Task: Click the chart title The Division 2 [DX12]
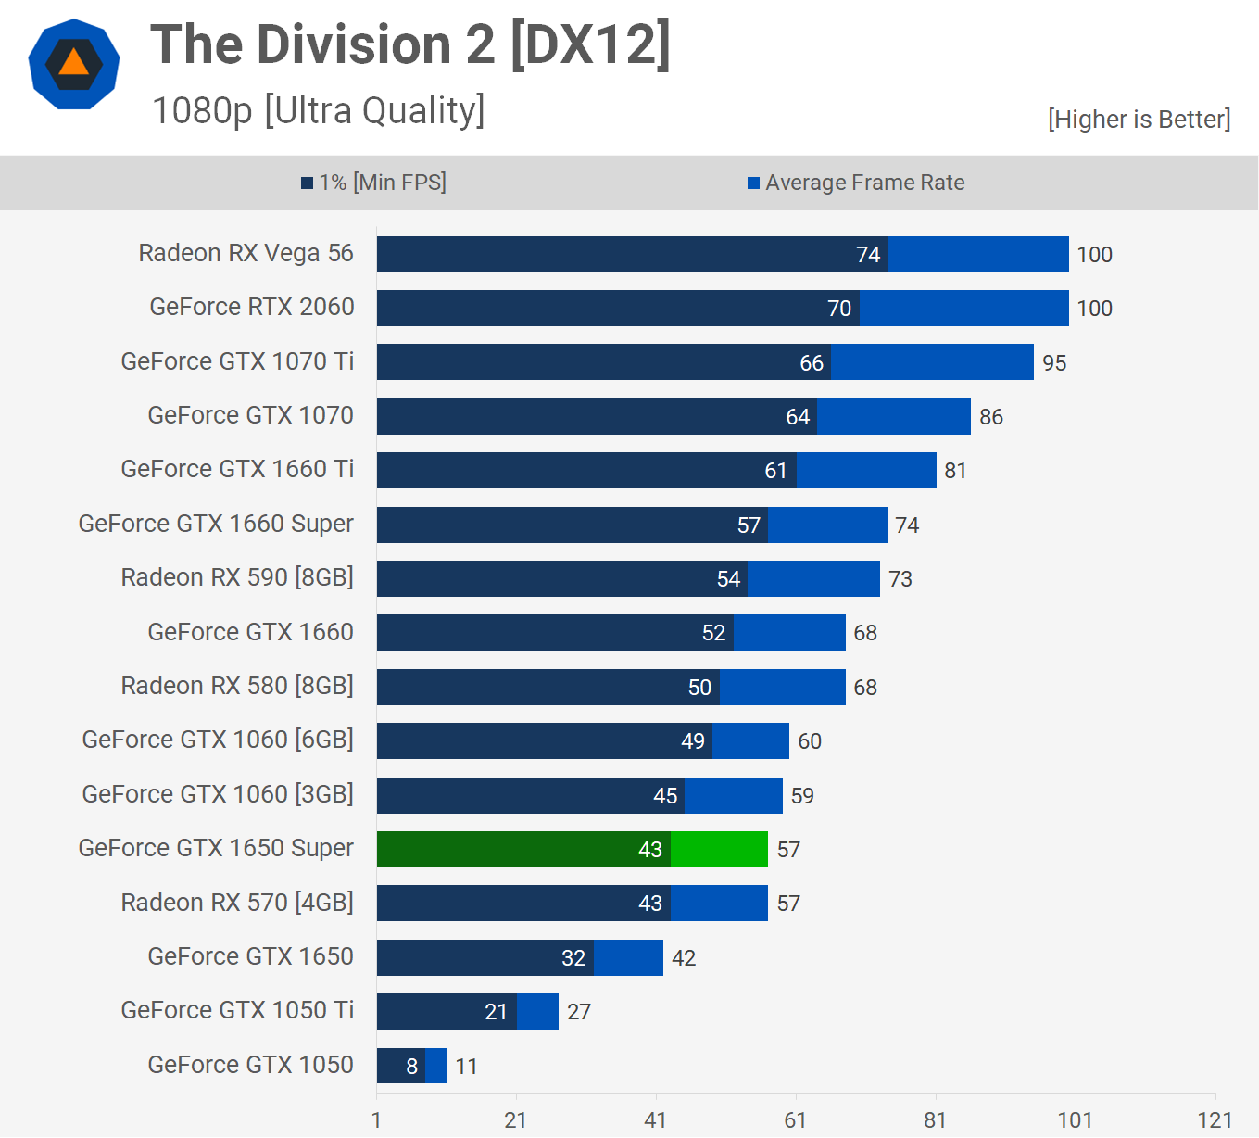coord(410,44)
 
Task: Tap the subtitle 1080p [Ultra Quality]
coord(318,110)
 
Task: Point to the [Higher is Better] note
coord(1139,120)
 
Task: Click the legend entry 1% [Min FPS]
coord(374,183)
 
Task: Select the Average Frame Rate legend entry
coord(856,183)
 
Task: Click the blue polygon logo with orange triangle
coord(74,64)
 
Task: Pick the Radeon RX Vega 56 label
coord(246,253)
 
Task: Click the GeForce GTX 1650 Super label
coord(216,848)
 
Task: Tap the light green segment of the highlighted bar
coord(719,849)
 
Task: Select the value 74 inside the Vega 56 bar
coord(868,255)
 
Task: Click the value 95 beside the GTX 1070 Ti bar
coord(1054,363)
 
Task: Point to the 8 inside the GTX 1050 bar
coord(412,1067)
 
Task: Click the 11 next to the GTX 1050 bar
coord(467,1067)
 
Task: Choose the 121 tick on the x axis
coord(1215,1120)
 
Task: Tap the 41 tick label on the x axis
coord(656,1120)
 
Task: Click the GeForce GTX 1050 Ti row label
coord(237,1010)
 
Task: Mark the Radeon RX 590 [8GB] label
coord(237,577)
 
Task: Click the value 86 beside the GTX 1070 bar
coord(991,417)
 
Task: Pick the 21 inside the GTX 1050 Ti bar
coord(497,1012)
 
